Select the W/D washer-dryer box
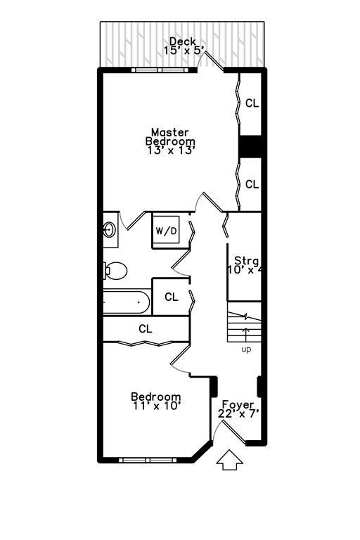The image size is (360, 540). click(x=166, y=229)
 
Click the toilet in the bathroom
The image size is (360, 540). click(x=115, y=271)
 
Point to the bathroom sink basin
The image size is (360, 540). click(x=110, y=230)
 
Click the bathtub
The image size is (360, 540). click(x=127, y=302)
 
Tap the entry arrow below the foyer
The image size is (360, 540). click(x=230, y=461)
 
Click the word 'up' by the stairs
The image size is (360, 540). click(x=246, y=349)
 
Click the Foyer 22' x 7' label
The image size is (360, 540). click(x=238, y=409)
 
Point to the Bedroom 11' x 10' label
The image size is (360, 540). click(x=156, y=401)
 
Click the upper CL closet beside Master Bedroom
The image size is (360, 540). click(x=252, y=103)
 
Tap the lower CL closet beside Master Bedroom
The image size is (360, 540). click(x=252, y=184)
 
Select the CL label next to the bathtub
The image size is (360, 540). click(x=172, y=297)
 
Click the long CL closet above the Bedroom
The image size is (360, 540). click(x=146, y=329)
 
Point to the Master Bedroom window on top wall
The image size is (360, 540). click(x=160, y=70)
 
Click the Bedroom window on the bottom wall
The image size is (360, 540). click(x=148, y=460)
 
